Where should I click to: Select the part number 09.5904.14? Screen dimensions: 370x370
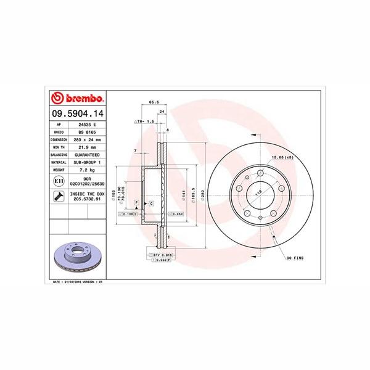77,113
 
